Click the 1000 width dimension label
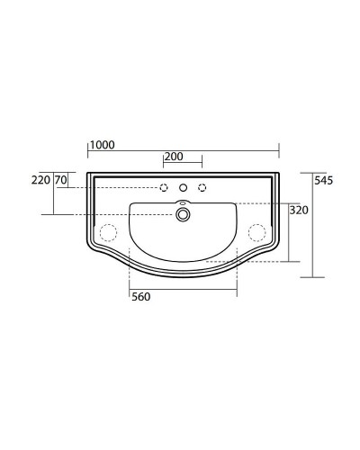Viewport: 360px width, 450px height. [x=103, y=145]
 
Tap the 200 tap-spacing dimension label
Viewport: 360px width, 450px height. [x=174, y=157]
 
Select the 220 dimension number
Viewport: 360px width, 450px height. [x=40, y=180]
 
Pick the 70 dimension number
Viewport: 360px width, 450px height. [x=61, y=180]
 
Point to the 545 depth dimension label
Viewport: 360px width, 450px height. [x=324, y=181]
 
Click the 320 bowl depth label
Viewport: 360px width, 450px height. [x=299, y=211]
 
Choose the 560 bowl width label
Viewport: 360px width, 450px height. [x=141, y=297]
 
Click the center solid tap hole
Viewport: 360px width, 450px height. [x=183, y=188]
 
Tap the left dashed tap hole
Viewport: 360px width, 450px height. [x=164, y=188]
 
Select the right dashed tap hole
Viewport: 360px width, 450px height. [x=202, y=188]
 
